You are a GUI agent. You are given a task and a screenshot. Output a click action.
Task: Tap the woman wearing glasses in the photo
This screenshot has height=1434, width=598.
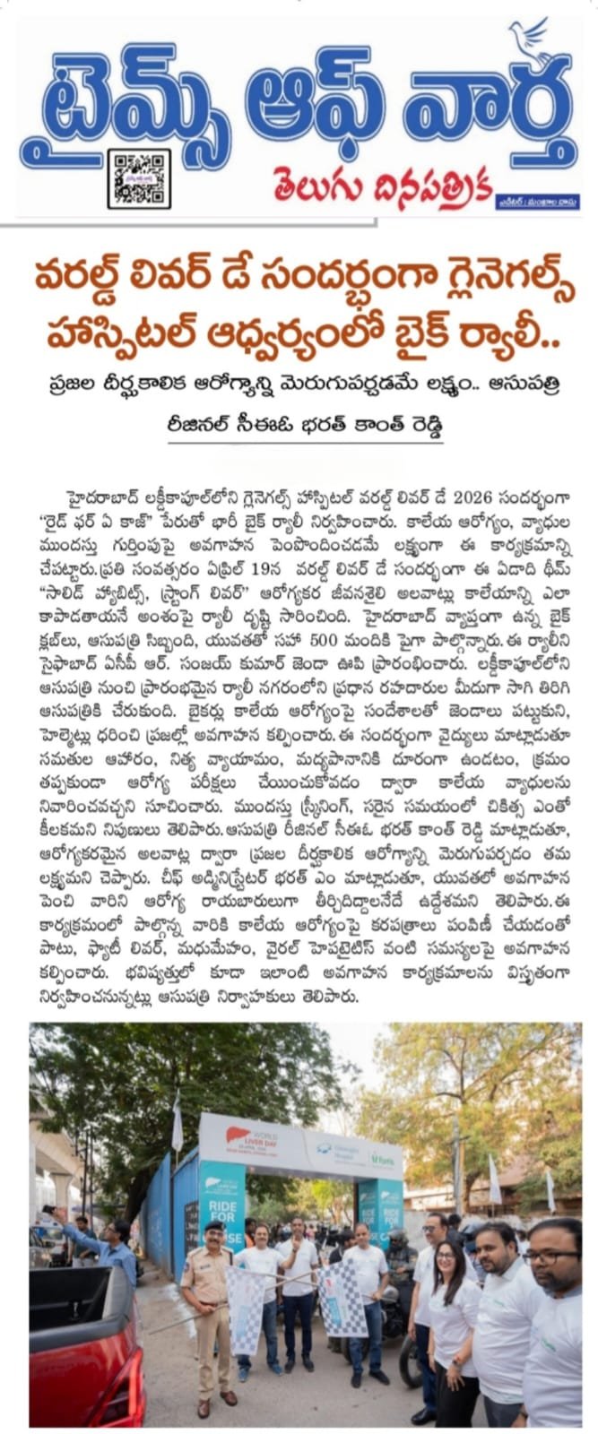tap(446, 1291)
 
